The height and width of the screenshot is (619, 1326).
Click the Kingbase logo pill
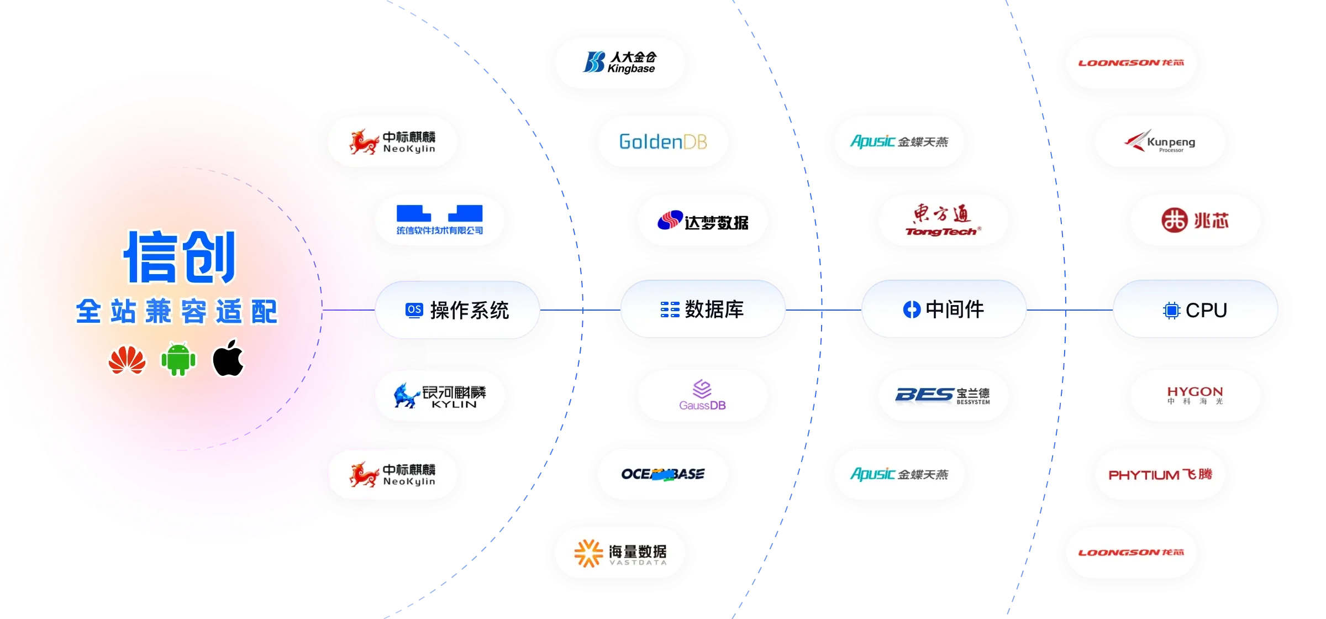(x=619, y=63)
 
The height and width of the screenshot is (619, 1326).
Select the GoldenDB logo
(x=662, y=141)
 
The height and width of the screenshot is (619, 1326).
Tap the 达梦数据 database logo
(x=702, y=220)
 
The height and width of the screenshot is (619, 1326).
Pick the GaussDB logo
(x=702, y=396)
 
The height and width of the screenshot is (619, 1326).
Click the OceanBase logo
(x=662, y=474)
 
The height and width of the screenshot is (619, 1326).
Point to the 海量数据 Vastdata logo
(x=619, y=553)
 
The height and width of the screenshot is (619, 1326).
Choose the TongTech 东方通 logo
(x=943, y=220)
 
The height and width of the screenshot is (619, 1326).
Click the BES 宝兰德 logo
(x=943, y=396)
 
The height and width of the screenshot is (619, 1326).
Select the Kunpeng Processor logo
(x=1160, y=141)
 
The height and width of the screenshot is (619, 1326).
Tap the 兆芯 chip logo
(x=1195, y=220)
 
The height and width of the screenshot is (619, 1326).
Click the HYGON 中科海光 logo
(x=1195, y=396)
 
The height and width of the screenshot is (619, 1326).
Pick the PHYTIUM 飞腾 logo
(x=1160, y=474)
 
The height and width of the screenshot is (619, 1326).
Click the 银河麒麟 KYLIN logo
(x=439, y=396)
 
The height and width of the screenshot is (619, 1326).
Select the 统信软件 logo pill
(x=439, y=220)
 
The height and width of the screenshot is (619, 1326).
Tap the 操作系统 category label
(x=457, y=310)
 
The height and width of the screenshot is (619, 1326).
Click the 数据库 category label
(x=702, y=309)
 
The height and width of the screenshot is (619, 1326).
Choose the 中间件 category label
(x=943, y=309)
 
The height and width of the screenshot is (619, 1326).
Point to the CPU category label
(x=1195, y=309)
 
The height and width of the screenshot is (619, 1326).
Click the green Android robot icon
(x=178, y=360)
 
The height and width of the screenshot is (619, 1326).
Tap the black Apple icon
(x=228, y=359)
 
